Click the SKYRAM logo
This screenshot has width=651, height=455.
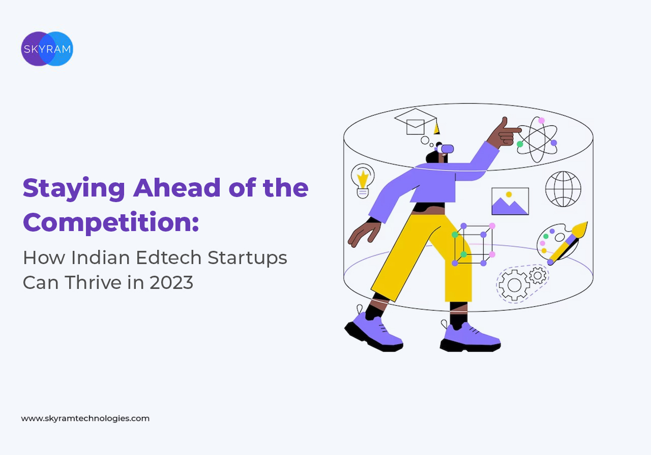(47, 49)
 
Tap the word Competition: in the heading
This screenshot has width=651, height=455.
(111, 222)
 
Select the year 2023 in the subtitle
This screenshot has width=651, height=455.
(171, 283)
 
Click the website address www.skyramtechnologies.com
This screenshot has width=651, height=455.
(85, 418)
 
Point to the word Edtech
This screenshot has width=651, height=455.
(168, 257)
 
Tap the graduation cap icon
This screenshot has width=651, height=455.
(417, 121)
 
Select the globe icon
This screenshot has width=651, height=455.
(563, 189)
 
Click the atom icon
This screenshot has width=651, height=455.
(538, 140)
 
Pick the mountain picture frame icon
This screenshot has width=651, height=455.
(510, 201)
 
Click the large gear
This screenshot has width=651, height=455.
(514, 285)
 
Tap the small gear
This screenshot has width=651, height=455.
(538, 275)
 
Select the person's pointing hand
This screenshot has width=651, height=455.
(505, 133)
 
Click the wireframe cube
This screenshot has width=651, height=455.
(474, 245)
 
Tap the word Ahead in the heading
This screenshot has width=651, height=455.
(176, 187)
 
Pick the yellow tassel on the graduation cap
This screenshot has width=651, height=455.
(436, 128)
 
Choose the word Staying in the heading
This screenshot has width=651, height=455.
(74, 189)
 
